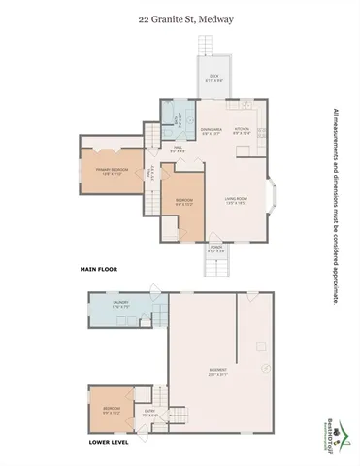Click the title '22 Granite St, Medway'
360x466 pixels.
(x=180, y=17)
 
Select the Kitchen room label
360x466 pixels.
(x=243, y=130)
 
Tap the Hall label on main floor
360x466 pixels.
(x=179, y=150)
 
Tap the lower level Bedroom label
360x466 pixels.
(x=112, y=410)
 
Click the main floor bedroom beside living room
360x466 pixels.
(x=183, y=204)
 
